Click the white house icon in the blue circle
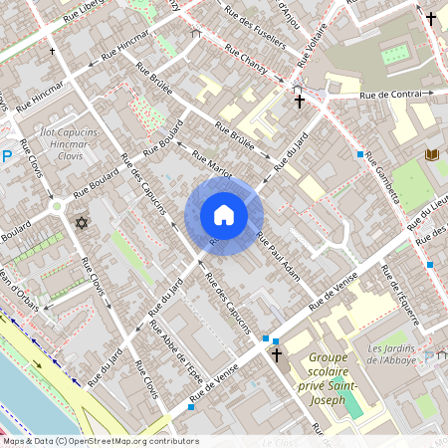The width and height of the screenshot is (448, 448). coord(224,215)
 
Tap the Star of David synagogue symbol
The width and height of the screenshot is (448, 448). coord(82,221)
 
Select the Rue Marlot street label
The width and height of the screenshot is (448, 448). coord(211,165)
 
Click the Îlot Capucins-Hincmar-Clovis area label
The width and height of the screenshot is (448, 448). coord(71,145)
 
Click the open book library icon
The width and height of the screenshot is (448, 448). coord(432,154)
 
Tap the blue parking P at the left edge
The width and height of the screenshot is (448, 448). coord(7,155)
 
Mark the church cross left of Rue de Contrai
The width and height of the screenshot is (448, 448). coord(299,101)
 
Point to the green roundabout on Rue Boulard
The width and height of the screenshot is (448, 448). coord(58,206)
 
